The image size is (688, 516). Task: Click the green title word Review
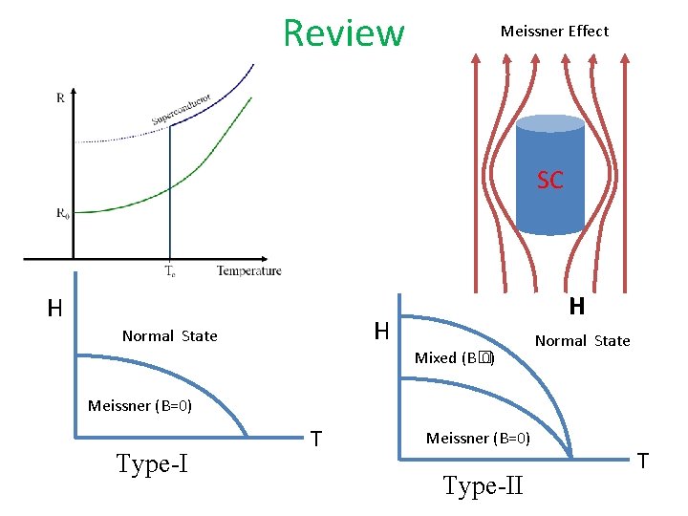tap(344, 32)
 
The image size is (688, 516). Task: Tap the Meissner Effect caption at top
tap(554, 32)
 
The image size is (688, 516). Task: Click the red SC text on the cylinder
tap(549, 180)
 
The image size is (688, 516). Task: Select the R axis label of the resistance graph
tap(62, 97)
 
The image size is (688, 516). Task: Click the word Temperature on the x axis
tap(248, 270)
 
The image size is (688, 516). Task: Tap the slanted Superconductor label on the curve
tap(181, 109)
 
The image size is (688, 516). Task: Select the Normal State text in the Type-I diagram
tap(169, 336)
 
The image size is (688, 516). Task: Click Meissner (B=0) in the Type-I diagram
tap(140, 406)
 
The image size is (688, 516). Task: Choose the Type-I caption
tap(151, 465)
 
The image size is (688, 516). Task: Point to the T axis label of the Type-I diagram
tap(315, 439)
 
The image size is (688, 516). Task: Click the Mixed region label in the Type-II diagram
tap(454, 358)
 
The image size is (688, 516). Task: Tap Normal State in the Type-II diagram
tap(582, 341)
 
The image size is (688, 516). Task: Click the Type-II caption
tap(483, 486)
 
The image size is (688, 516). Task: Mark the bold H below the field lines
tap(576, 307)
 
